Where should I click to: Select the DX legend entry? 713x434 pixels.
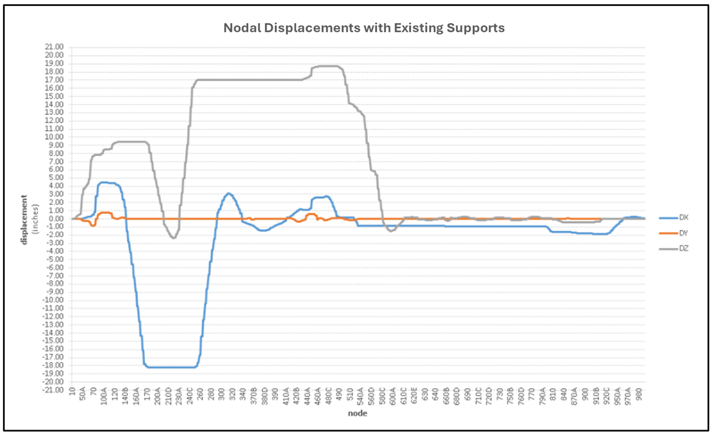683,217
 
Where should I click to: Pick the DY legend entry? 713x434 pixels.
683,233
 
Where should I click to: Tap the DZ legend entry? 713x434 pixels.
683,249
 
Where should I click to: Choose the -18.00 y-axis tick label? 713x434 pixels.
55,365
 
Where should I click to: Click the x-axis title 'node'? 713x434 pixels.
358,413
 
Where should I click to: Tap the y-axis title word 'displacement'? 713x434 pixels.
24,220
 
